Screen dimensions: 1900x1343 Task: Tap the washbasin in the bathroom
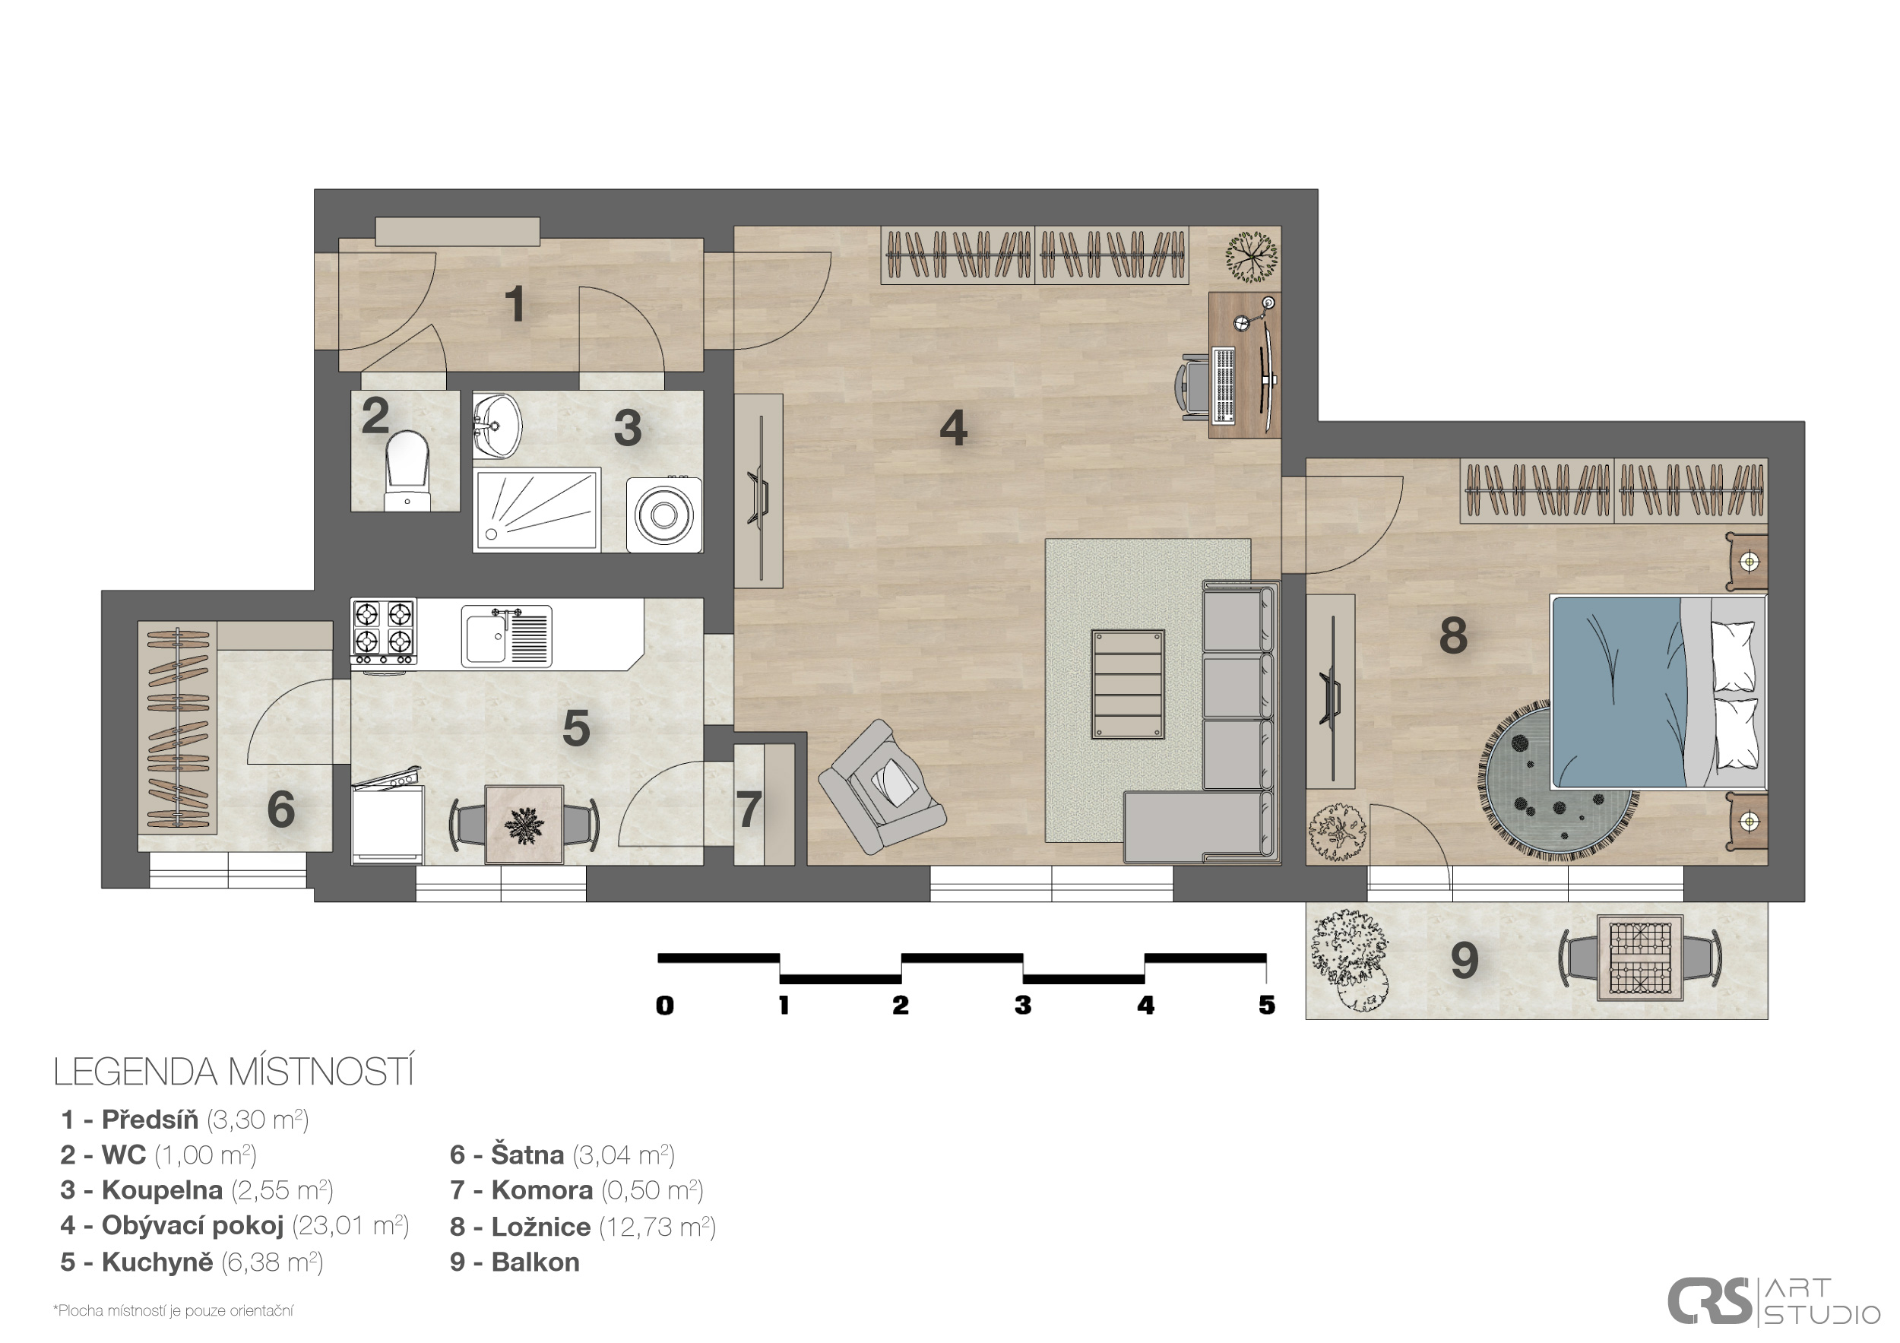coord(497,426)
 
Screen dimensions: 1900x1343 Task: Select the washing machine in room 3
coord(663,515)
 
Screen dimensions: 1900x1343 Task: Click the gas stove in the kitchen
coord(383,632)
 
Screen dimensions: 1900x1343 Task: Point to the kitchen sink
coord(506,635)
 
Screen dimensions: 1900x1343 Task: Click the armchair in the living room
coord(882,786)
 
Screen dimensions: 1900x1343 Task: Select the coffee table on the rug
coord(1128,684)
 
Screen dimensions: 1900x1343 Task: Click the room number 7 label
coord(748,809)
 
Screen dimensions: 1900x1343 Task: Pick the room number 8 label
coord(1453,635)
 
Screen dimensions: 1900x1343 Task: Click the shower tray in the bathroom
coord(537,510)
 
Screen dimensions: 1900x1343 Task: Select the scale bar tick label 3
coord(1023,1006)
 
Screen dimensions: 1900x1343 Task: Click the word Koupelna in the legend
coord(162,1190)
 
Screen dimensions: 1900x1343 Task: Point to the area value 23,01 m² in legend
coord(350,1225)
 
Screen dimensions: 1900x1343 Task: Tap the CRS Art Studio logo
coord(1773,1302)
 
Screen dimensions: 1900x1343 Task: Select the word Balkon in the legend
coord(535,1262)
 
